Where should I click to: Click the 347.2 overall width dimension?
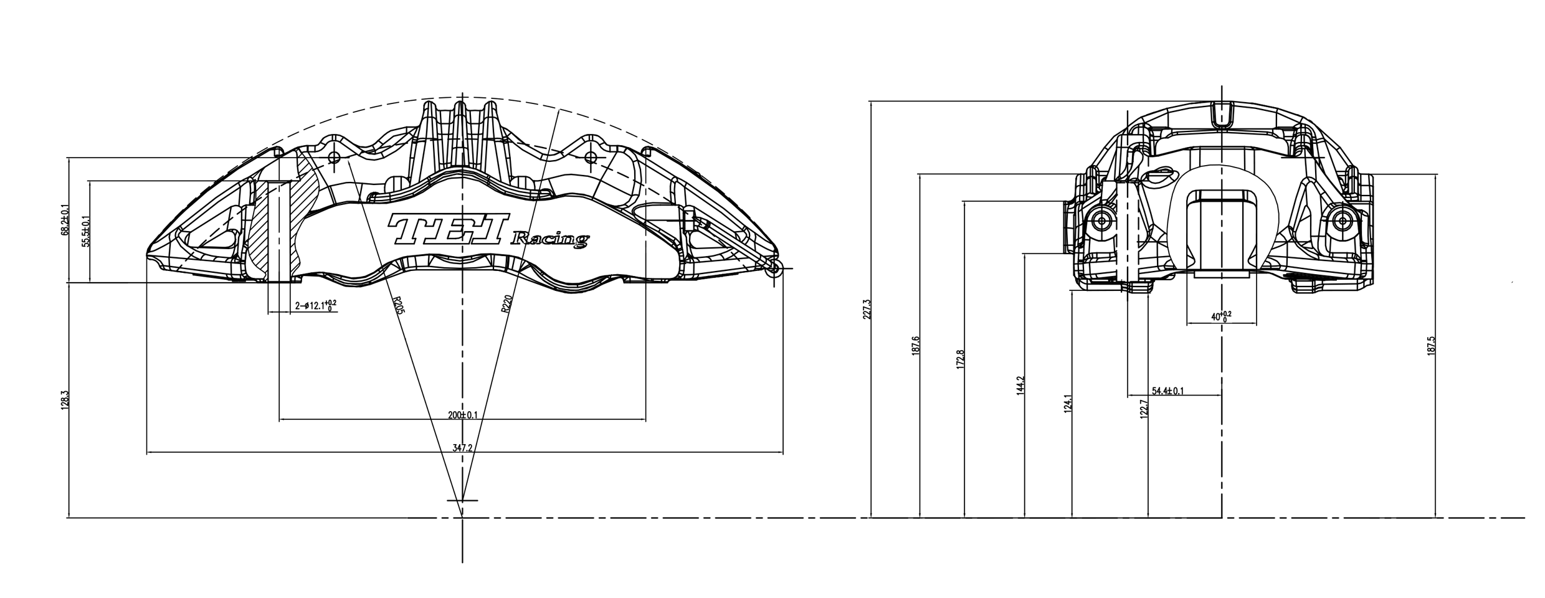coord(463,448)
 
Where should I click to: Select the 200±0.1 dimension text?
coord(463,415)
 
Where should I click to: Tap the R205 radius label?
coord(397,305)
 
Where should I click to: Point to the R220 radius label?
coord(506,305)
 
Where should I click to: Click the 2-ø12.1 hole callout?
coord(315,305)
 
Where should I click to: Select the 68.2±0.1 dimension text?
coord(64,221)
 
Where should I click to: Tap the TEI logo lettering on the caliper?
coord(449,229)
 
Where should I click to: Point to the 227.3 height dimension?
coord(867,309)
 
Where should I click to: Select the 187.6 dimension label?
coord(915,346)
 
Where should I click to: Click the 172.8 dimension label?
coord(960,360)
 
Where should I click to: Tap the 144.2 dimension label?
coord(1020,385)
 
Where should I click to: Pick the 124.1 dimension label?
coord(1068,404)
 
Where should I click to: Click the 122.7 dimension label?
coord(1143,409)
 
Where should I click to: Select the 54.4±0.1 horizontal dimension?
coord(1167,391)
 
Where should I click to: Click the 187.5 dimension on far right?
coord(1431,346)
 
